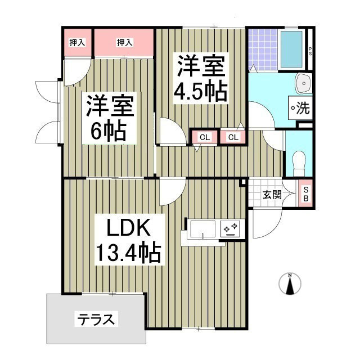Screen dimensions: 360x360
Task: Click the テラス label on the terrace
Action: (96, 321)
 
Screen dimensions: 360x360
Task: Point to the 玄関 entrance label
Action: (272, 195)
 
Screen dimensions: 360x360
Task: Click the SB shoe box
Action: (306, 195)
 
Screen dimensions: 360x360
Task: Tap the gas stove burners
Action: (231, 228)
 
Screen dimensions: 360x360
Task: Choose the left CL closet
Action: (204, 137)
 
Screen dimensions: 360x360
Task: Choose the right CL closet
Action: (233, 137)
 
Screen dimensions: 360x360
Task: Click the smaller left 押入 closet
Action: (77, 42)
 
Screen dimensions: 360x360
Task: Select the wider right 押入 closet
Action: (124, 42)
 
